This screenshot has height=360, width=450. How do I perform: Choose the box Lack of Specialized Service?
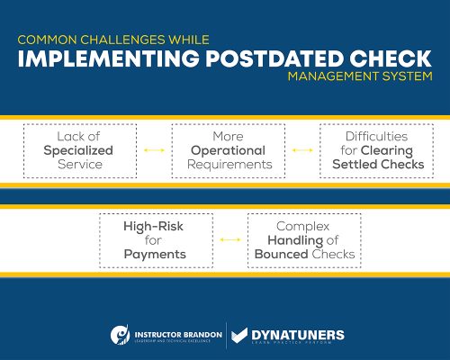click(77, 150)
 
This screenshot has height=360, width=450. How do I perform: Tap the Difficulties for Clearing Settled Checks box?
click(376, 150)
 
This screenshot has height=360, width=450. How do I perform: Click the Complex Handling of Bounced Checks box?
click(303, 240)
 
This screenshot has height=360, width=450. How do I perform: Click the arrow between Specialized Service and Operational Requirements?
click(154, 150)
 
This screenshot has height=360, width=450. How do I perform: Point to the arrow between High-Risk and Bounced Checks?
click(229, 240)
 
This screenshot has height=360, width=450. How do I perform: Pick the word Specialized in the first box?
click(77, 150)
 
